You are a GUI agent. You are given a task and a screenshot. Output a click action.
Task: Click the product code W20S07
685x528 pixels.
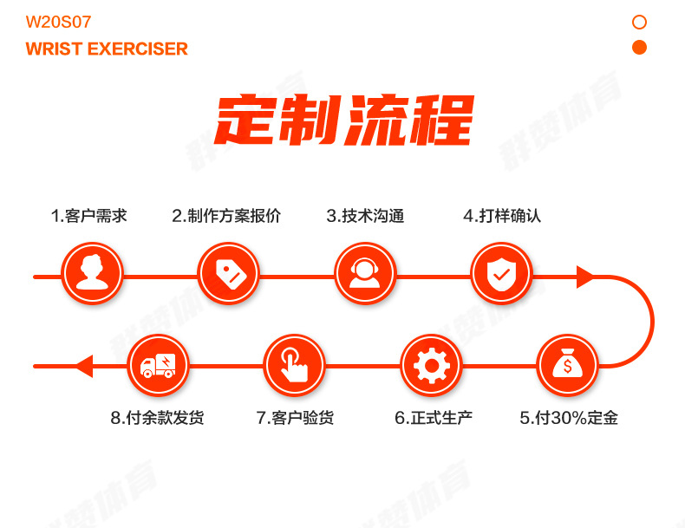(x=58, y=23)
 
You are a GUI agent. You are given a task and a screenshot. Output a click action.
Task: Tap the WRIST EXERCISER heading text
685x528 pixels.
(x=107, y=49)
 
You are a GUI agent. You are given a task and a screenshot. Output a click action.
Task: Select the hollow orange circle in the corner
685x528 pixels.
(x=639, y=22)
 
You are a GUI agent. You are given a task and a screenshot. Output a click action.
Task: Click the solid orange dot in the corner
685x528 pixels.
(x=639, y=47)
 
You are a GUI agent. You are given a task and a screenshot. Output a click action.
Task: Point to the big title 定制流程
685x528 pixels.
(x=343, y=121)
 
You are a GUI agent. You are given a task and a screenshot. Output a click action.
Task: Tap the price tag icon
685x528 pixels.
(x=228, y=274)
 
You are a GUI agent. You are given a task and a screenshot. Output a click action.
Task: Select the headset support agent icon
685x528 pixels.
(x=364, y=274)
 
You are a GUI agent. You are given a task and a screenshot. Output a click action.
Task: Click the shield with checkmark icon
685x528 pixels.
(x=500, y=274)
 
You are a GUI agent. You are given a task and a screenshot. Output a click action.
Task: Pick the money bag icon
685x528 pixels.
(x=567, y=365)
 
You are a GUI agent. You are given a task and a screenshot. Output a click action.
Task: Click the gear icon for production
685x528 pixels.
(x=431, y=365)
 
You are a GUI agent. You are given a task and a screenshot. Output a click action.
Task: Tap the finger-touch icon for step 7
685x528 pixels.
(x=295, y=365)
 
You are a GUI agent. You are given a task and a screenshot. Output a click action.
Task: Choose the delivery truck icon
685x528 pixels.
(x=158, y=365)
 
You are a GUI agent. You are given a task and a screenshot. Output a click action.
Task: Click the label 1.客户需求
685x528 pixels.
(x=88, y=216)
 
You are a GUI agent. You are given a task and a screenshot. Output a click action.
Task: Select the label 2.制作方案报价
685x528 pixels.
(x=226, y=216)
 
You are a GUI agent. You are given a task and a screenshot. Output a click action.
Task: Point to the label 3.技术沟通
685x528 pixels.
(x=365, y=216)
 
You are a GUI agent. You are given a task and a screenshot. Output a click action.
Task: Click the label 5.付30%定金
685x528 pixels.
(x=569, y=418)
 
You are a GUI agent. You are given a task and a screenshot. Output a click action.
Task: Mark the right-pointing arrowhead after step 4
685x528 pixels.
(x=586, y=277)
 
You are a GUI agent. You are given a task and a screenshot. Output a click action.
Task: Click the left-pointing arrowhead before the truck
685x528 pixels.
(x=83, y=366)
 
